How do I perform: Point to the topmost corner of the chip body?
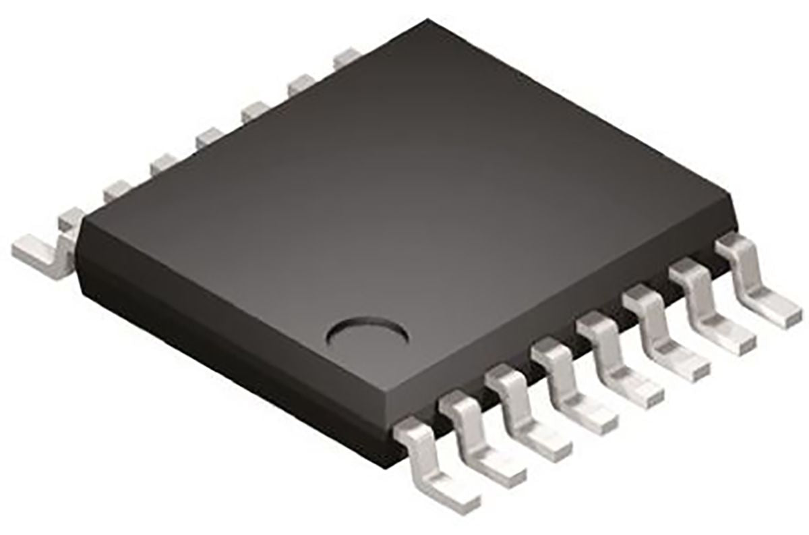(425, 22)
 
